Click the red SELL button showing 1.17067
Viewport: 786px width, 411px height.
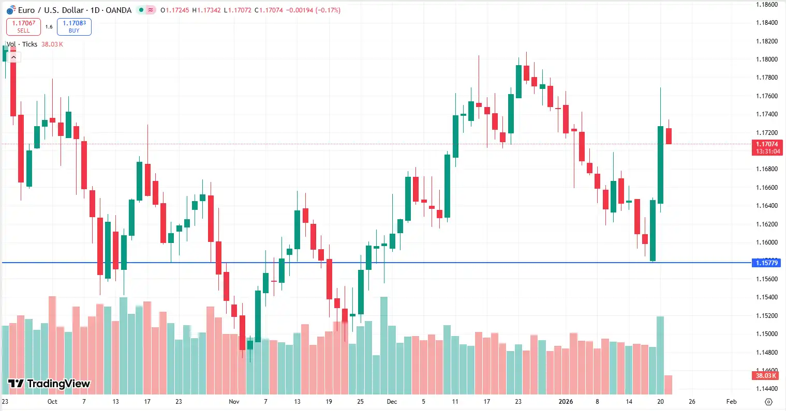click(23, 27)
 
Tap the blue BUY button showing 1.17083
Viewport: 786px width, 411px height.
click(74, 27)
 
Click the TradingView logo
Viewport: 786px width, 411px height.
click(49, 384)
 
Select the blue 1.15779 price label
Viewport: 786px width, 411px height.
click(766, 263)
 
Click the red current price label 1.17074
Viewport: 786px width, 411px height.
click(766, 145)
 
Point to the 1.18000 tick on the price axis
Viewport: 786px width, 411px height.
click(766, 59)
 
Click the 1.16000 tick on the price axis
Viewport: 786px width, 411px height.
click(766, 242)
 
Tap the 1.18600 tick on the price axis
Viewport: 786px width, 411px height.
click(766, 5)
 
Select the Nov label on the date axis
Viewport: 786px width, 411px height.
click(234, 402)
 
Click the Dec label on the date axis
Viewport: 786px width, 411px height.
click(392, 402)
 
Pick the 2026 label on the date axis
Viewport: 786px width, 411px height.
click(566, 402)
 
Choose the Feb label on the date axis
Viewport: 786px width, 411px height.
click(731, 402)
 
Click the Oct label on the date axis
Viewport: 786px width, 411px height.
click(52, 402)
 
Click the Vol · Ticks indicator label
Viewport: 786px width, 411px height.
click(22, 44)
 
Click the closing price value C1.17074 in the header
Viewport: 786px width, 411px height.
click(269, 10)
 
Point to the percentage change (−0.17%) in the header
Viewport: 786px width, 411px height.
click(328, 10)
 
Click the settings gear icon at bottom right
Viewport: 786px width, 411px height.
click(768, 402)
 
